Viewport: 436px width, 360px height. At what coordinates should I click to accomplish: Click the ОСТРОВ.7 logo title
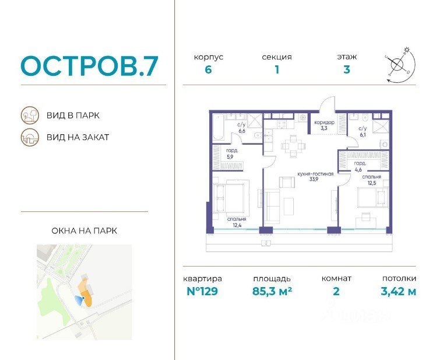pyautogui.click(x=90, y=66)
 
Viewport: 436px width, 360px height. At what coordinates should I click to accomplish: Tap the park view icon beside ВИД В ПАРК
pyautogui.click(x=30, y=116)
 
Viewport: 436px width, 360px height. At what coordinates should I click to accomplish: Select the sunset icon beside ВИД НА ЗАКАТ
pyautogui.click(x=30, y=137)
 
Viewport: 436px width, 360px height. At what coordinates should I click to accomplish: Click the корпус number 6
pyautogui.click(x=208, y=69)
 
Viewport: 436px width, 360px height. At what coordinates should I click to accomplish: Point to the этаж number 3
pyautogui.click(x=346, y=69)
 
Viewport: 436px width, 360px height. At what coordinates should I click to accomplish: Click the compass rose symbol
pyautogui.click(x=400, y=65)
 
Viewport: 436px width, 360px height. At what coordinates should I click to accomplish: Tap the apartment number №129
pyautogui.click(x=202, y=291)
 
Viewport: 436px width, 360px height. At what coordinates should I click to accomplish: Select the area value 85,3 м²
pyautogui.click(x=272, y=291)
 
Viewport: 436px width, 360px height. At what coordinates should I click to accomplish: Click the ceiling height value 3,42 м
pyautogui.click(x=399, y=291)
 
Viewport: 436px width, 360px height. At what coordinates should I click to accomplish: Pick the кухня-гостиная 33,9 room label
pyautogui.click(x=315, y=177)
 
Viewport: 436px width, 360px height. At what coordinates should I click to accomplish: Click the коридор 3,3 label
pyautogui.click(x=324, y=125)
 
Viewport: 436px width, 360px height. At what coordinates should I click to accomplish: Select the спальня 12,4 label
pyautogui.click(x=237, y=222)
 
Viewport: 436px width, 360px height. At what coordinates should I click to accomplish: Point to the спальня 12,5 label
pyautogui.click(x=372, y=180)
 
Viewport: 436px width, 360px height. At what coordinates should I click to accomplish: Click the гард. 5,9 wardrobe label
pyautogui.click(x=231, y=153)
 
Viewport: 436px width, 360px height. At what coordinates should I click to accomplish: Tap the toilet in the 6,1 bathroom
pyautogui.click(x=365, y=117)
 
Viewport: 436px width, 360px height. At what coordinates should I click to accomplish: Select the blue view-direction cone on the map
pyautogui.click(x=79, y=300)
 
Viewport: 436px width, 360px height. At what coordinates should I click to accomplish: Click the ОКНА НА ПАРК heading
pyautogui.click(x=85, y=231)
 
